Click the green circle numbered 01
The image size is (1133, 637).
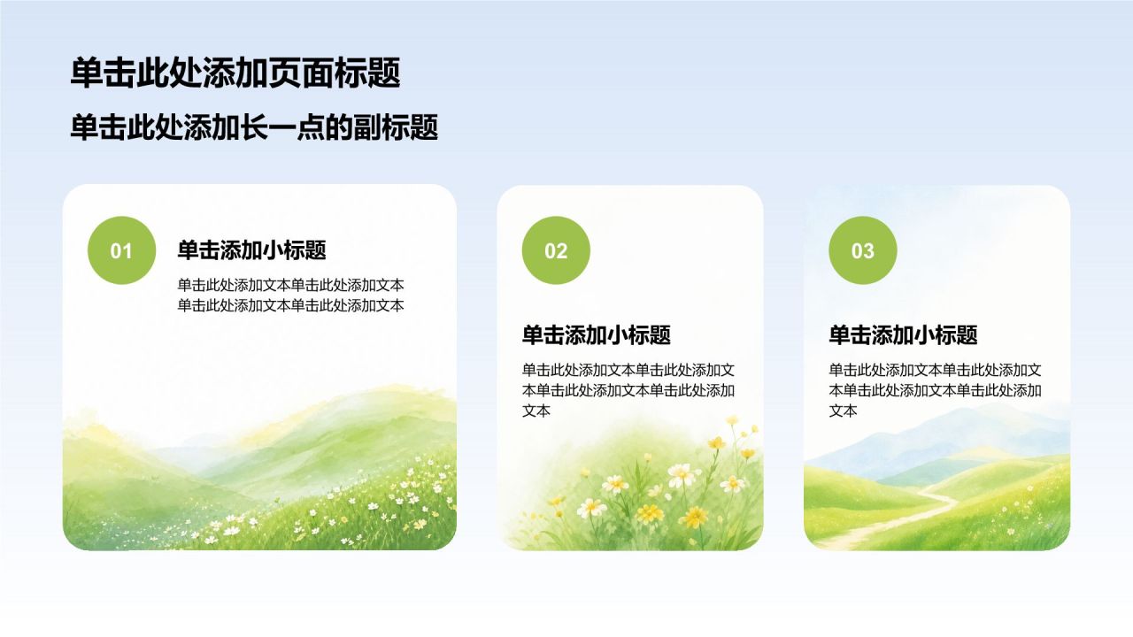tap(122, 250)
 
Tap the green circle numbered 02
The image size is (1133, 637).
tap(556, 250)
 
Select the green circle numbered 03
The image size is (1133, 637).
tap(863, 250)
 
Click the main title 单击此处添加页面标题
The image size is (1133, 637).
tap(235, 73)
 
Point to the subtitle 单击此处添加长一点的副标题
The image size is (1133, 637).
tap(254, 127)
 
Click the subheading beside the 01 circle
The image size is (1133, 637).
tap(252, 249)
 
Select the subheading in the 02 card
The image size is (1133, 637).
tap(597, 334)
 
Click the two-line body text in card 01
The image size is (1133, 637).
tap(291, 295)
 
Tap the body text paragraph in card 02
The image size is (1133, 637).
tap(628, 390)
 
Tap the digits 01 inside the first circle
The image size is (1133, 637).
tap(121, 251)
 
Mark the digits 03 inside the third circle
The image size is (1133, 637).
tap(863, 251)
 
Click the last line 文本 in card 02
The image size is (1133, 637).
tap(536, 411)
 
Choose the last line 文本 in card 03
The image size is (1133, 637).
tap(844, 411)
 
